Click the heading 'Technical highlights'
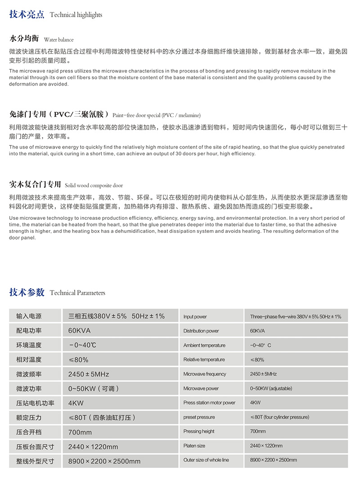click(x=76, y=15)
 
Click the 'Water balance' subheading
click(x=58, y=40)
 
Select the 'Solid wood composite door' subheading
click(x=94, y=185)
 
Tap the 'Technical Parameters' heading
click(x=77, y=293)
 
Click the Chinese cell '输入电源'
click(x=29, y=316)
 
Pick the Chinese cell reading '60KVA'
click(x=79, y=331)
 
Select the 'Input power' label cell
click(x=195, y=317)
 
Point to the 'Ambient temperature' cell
click(x=204, y=345)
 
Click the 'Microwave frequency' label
click(x=205, y=374)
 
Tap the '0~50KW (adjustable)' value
click(x=271, y=388)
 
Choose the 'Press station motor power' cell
click(x=209, y=403)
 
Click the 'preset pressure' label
click(x=199, y=417)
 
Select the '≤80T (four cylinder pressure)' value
click(x=279, y=417)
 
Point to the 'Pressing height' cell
click(x=199, y=432)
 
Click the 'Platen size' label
click(x=194, y=446)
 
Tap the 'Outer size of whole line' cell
click(x=206, y=460)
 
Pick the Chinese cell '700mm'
click(x=80, y=432)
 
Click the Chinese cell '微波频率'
click(x=29, y=374)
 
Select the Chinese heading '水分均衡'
click(x=24, y=39)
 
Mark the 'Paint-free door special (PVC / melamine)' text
click(x=157, y=115)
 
